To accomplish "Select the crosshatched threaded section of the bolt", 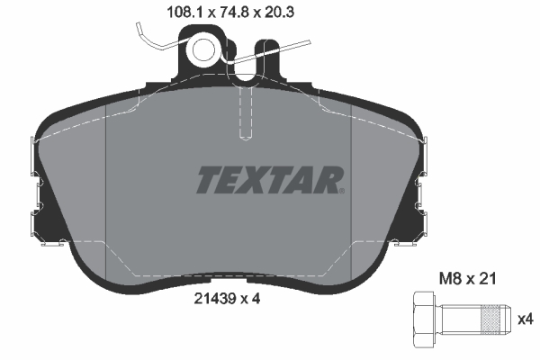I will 490,318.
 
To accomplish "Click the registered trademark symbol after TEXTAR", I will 341,190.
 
